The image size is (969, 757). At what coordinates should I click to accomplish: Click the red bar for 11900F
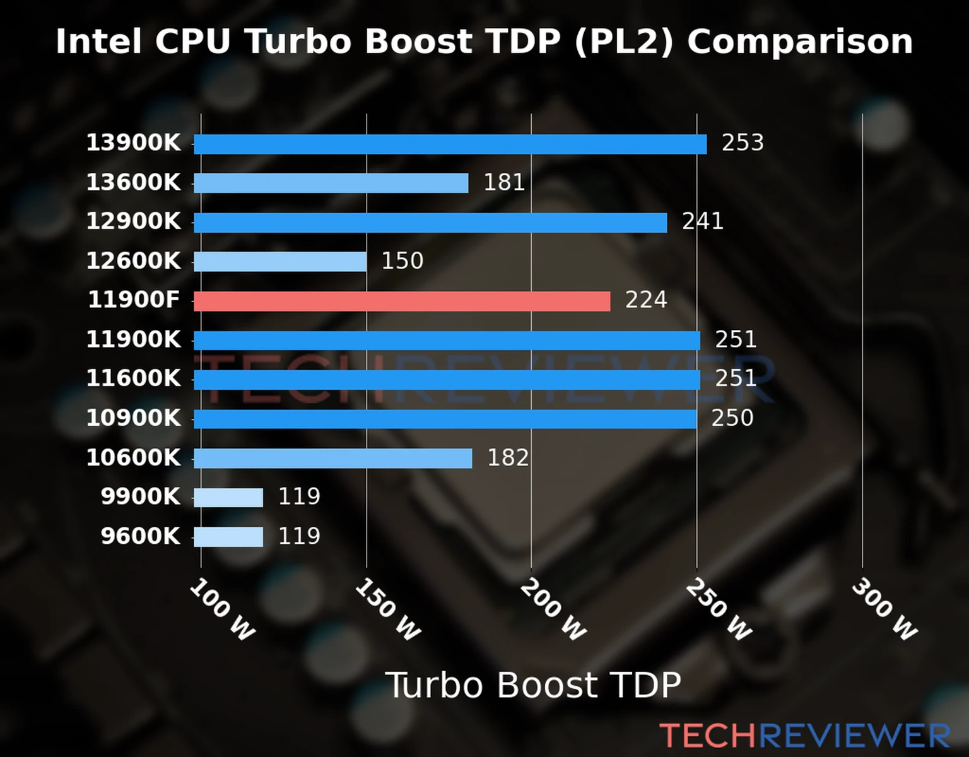[x=402, y=301]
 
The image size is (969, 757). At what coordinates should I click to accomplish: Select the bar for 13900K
[x=450, y=144]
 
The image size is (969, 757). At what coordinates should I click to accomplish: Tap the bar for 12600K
[x=280, y=261]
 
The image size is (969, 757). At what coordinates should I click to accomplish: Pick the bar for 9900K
[x=228, y=497]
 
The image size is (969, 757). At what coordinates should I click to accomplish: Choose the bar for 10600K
[x=332, y=458]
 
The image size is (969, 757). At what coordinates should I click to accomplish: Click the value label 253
[x=743, y=143]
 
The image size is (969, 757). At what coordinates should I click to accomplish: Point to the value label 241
[x=702, y=221]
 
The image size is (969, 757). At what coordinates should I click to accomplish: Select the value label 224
[x=646, y=300]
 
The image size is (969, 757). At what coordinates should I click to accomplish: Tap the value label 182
[x=508, y=457]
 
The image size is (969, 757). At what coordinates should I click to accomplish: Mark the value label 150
[x=402, y=261]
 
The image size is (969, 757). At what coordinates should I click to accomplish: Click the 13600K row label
[x=133, y=182]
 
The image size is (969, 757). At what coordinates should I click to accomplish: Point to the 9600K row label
[x=141, y=536]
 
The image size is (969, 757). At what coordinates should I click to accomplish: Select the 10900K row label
[x=133, y=418]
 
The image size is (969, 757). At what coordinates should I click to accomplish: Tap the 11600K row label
[x=133, y=378]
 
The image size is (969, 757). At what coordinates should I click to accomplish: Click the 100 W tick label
[x=222, y=609]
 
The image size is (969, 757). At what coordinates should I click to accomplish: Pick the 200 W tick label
[x=553, y=609]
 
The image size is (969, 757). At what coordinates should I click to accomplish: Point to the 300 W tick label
[x=884, y=609]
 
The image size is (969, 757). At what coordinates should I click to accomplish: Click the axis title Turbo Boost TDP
[x=533, y=685]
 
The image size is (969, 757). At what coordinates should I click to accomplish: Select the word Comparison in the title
[x=800, y=42]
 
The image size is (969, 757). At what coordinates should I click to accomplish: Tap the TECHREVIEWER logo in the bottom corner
[x=804, y=736]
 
